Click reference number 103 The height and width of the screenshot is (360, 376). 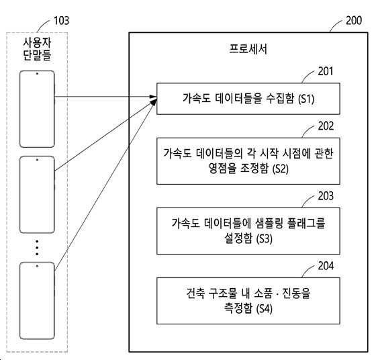[61, 21]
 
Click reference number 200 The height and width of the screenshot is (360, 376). [354, 21]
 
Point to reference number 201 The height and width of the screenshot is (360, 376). [326, 71]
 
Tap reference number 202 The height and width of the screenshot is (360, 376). [326, 126]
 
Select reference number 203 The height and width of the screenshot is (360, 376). [326, 196]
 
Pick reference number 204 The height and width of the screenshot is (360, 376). [326, 266]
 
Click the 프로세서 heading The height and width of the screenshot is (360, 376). [248, 49]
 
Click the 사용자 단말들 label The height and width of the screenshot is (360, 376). [37, 49]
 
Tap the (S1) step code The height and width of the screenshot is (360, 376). [306, 99]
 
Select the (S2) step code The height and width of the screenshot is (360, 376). [281, 169]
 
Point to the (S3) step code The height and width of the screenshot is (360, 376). [265, 239]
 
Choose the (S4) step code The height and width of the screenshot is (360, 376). [265, 309]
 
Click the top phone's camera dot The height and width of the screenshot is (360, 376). [37, 74]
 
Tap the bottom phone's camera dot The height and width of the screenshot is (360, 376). [37, 266]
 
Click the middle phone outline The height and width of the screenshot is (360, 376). [19, 195]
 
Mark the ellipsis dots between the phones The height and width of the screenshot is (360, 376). [37, 248]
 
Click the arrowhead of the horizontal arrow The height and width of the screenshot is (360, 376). [153, 97]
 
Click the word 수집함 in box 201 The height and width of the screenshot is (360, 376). [280, 99]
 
